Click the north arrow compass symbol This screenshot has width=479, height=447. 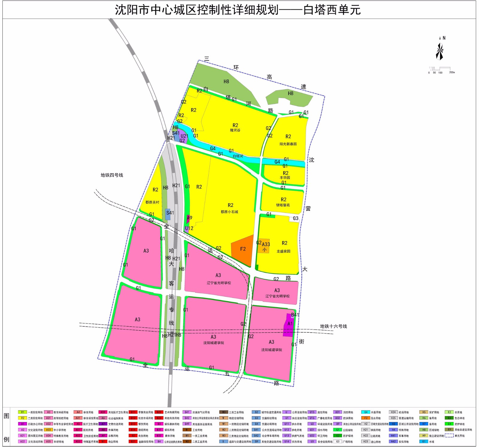(439, 51)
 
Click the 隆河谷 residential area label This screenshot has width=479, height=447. (235, 131)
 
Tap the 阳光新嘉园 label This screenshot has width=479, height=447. (288, 144)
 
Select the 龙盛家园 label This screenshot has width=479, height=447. (283, 251)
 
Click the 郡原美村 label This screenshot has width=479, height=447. (152, 202)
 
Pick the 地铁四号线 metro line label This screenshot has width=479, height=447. (112, 175)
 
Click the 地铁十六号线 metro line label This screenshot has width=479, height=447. (333, 326)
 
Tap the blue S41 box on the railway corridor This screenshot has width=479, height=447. (168, 214)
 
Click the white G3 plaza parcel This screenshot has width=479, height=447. (295, 219)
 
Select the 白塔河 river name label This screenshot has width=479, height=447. (238, 156)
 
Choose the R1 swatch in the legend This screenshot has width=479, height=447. (22, 412)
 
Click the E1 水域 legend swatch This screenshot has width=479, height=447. (424, 441)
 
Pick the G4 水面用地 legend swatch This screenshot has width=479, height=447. (366, 412)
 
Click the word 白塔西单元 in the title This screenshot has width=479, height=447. (332, 10)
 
